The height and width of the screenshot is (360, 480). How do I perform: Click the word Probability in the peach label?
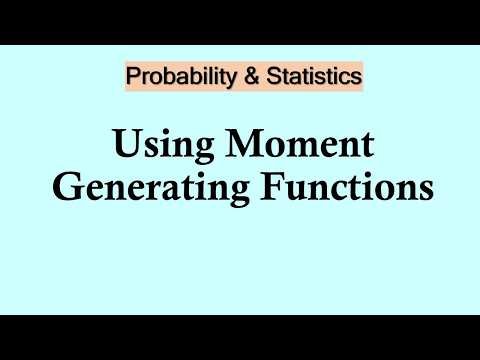[174, 75]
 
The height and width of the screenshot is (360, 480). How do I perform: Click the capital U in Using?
[124, 146]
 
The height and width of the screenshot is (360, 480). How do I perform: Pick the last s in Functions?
[424, 190]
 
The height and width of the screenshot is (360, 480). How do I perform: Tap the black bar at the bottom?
[240, 337]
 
